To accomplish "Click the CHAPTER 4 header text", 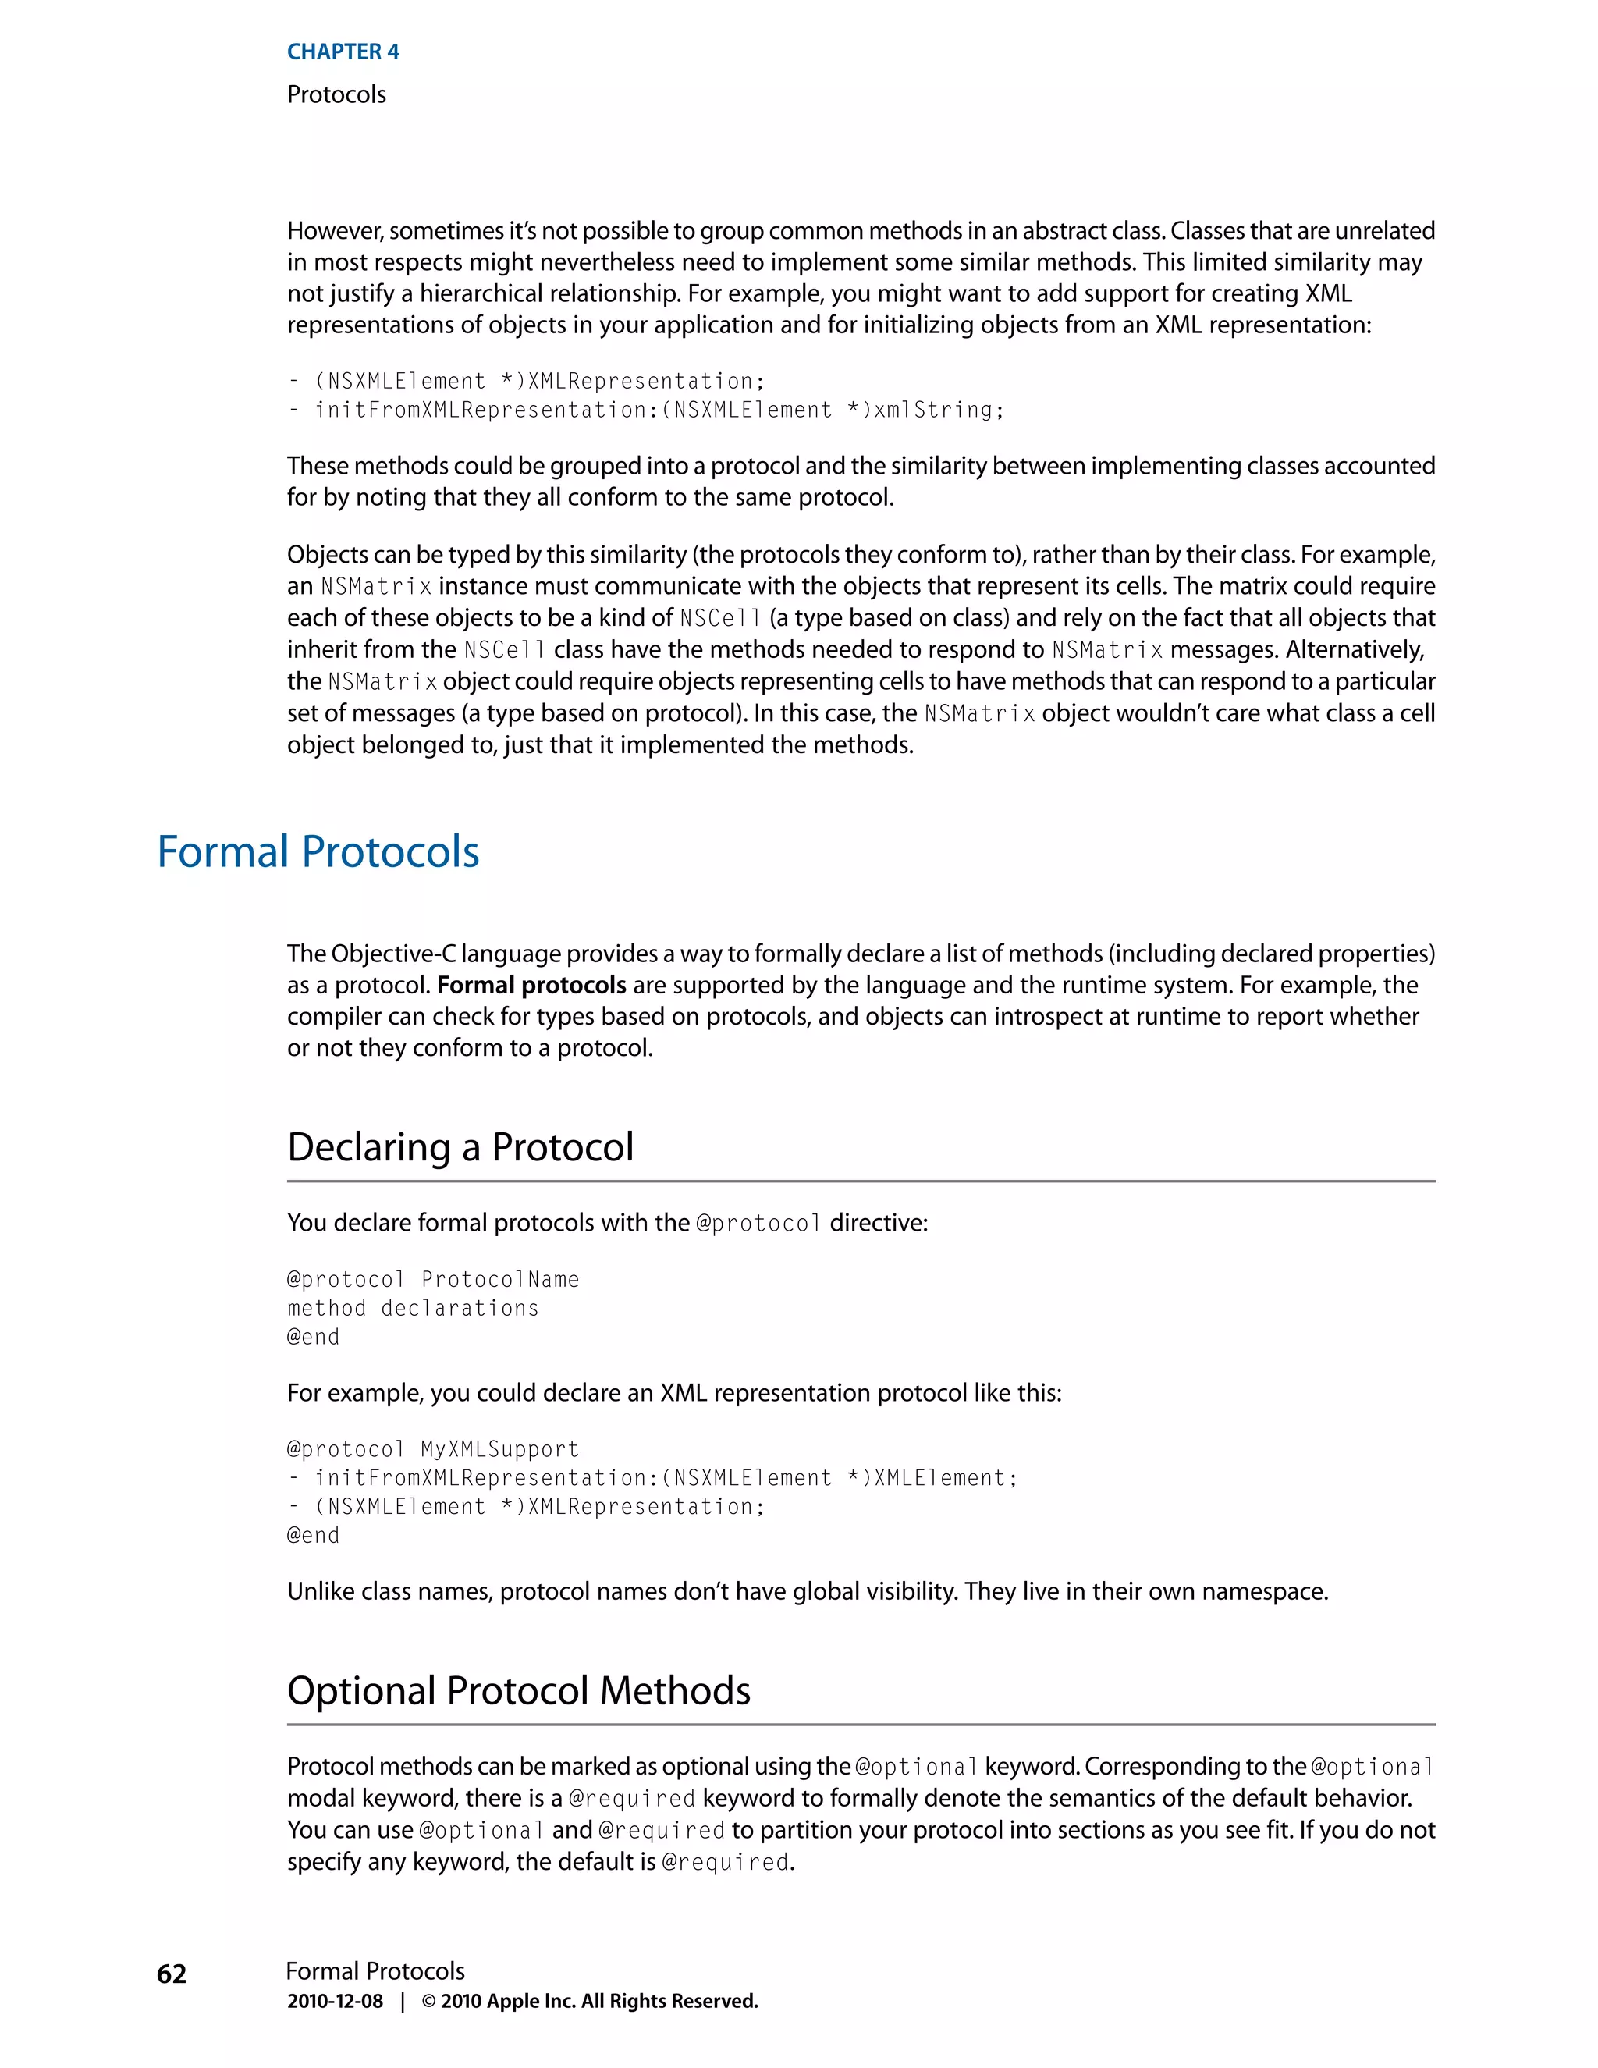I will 343,52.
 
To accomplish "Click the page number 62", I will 172,1974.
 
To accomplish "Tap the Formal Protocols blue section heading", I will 318,851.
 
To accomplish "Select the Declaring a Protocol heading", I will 460,1146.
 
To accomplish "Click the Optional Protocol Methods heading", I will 519,1690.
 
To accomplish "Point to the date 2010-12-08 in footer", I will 335,2002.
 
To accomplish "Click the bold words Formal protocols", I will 531,985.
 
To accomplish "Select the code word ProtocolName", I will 500,1279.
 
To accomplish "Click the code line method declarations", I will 413,1308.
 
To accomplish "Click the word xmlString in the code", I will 932,410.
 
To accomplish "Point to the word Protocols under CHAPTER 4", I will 336,94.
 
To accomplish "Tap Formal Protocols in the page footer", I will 375,1971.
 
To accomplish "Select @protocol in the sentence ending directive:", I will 758,1224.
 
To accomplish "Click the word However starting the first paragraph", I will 334,231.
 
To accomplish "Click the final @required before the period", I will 724,1863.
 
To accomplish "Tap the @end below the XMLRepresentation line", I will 312,1535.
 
